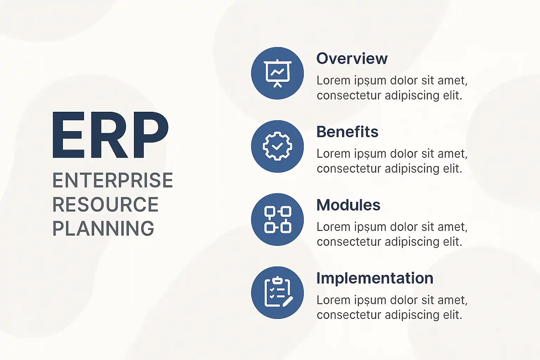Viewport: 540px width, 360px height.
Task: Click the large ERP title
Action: [x=110, y=135]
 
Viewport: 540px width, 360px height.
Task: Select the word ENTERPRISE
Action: [x=113, y=180]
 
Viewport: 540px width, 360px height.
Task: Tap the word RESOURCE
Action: [x=105, y=204]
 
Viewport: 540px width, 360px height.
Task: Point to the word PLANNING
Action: [x=103, y=228]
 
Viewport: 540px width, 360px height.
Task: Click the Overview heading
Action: [x=352, y=58]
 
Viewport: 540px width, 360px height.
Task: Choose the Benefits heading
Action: [x=347, y=131]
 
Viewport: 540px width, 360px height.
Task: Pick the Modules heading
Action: [x=348, y=205]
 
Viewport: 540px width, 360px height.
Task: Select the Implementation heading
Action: [x=375, y=278]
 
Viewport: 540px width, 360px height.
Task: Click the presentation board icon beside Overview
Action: [x=277, y=73]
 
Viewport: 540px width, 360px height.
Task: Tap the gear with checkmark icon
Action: [x=277, y=146]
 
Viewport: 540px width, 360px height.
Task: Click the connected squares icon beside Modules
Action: [x=278, y=219]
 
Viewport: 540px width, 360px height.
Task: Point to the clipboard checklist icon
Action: [x=278, y=292]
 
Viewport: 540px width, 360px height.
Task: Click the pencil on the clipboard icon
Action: [x=288, y=302]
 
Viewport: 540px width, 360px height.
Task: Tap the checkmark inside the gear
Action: [x=277, y=146]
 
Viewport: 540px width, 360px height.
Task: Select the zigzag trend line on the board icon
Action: [x=277, y=72]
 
